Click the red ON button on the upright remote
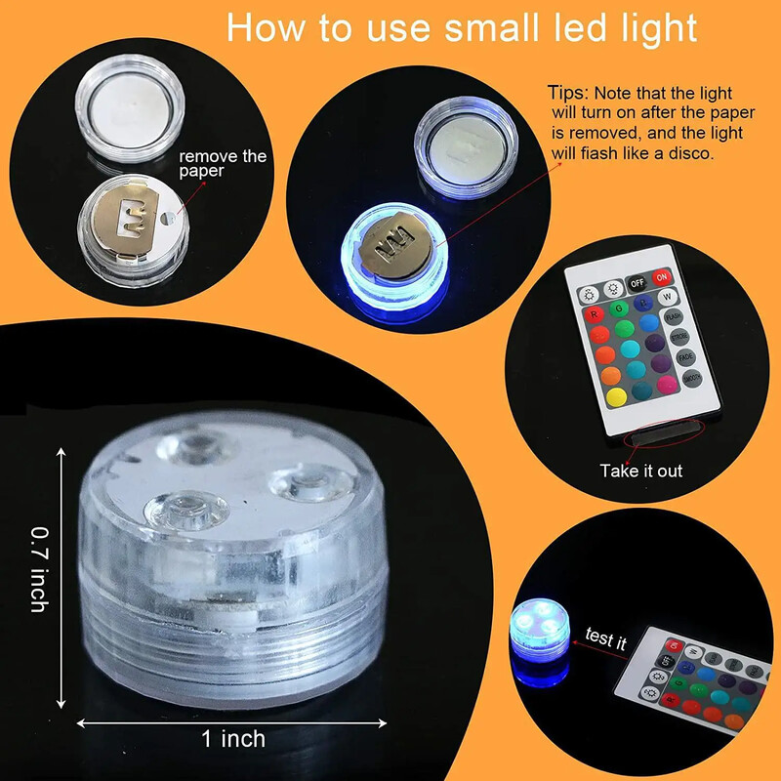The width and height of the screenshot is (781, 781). click(x=663, y=277)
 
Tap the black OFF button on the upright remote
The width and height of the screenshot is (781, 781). click(x=637, y=283)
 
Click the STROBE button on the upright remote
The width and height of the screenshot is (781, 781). click(x=678, y=337)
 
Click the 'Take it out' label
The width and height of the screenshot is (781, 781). click(x=640, y=471)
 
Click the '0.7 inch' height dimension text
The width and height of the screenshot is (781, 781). click(x=39, y=569)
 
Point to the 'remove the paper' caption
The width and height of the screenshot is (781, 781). click(x=223, y=164)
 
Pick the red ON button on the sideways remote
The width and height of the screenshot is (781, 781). click(x=674, y=645)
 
